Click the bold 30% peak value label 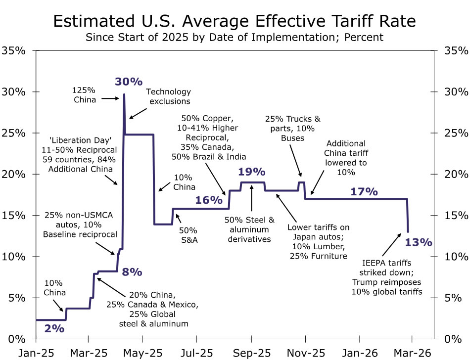coord(129,82)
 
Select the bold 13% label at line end coord(419,242)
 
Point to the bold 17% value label coord(364,191)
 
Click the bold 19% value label coord(252,172)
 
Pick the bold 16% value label coord(208,200)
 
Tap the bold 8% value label coord(132,272)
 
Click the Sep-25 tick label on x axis coord(251,354)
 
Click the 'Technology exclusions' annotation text coord(168,96)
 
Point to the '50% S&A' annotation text coord(188,234)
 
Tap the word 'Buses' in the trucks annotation coord(292,138)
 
